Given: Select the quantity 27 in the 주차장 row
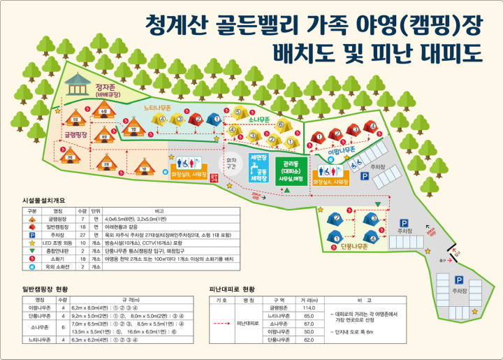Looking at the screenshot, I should pos(81,234).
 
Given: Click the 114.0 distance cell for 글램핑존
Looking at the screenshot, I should pos(309,308).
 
